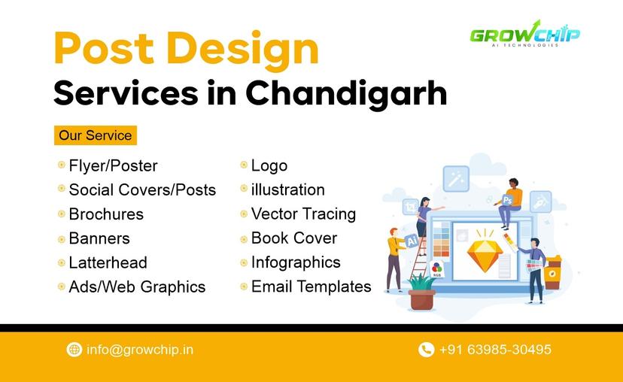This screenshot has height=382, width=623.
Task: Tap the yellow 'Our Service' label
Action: [96, 136]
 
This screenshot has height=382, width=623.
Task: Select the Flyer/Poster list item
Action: [113, 165]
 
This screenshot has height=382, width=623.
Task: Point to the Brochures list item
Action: [106, 214]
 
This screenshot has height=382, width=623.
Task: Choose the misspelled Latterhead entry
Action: [108, 262]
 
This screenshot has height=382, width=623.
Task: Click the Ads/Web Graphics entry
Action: [137, 286]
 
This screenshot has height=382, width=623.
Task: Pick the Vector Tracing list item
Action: [303, 214]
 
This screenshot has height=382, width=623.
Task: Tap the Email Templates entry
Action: [311, 286]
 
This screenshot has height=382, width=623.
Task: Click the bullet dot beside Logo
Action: [244, 165]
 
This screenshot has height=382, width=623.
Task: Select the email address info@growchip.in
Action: [140, 350]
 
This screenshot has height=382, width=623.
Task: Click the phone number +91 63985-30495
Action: [495, 350]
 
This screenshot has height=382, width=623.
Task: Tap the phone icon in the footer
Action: [426, 350]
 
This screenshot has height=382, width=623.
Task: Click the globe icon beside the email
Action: [74, 350]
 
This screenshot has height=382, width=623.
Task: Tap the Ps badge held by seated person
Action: [508, 200]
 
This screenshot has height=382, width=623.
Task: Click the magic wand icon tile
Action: [456, 179]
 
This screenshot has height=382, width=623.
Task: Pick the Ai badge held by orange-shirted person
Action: [412, 240]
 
